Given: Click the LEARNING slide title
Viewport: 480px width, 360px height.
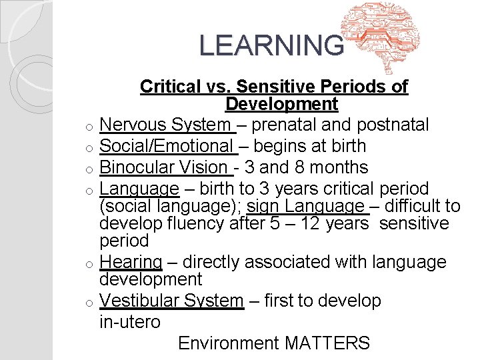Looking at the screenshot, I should pos(271,45).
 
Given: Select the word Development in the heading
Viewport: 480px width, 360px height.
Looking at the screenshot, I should pos(281,104).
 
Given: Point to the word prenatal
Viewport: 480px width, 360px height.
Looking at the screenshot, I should pos(290,125).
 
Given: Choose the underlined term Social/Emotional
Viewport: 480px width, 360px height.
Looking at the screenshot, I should pos(165,146).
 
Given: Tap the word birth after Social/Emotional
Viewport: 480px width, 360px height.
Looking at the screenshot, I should pos(343,146).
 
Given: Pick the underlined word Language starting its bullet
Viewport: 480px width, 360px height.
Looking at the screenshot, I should pos(139,189).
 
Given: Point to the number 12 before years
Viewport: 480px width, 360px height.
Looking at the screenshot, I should pos(310,223).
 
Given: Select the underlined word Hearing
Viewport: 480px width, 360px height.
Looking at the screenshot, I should pos(131,262).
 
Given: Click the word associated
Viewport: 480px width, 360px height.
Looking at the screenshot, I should pos(291,262).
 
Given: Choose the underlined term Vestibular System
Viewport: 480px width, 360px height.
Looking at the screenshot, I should pos(171,301).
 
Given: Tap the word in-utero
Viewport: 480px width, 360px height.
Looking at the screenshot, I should pos(130,322).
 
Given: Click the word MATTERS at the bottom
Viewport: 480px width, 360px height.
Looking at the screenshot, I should pos(327,343).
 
